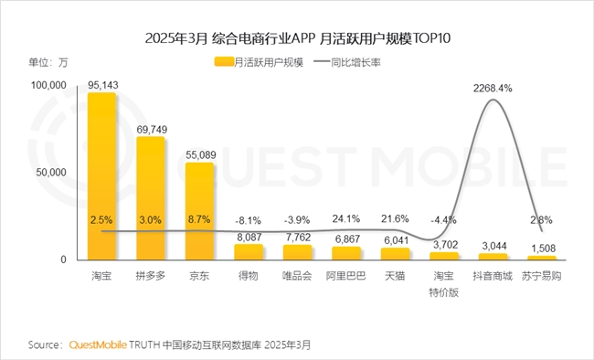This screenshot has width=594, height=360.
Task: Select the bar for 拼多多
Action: (x=151, y=196)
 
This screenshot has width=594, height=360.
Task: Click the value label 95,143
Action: (x=101, y=86)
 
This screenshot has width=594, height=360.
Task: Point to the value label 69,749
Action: (x=151, y=130)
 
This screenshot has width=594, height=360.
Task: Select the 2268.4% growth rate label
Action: (x=493, y=89)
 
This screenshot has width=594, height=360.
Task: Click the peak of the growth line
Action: (x=493, y=100)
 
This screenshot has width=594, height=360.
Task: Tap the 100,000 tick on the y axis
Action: (x=51, y=85)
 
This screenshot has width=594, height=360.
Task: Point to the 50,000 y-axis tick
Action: (x=54, y=172)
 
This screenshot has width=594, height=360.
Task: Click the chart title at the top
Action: (x=297, y=38)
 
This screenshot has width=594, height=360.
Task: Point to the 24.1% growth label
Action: (x=346, y=219)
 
